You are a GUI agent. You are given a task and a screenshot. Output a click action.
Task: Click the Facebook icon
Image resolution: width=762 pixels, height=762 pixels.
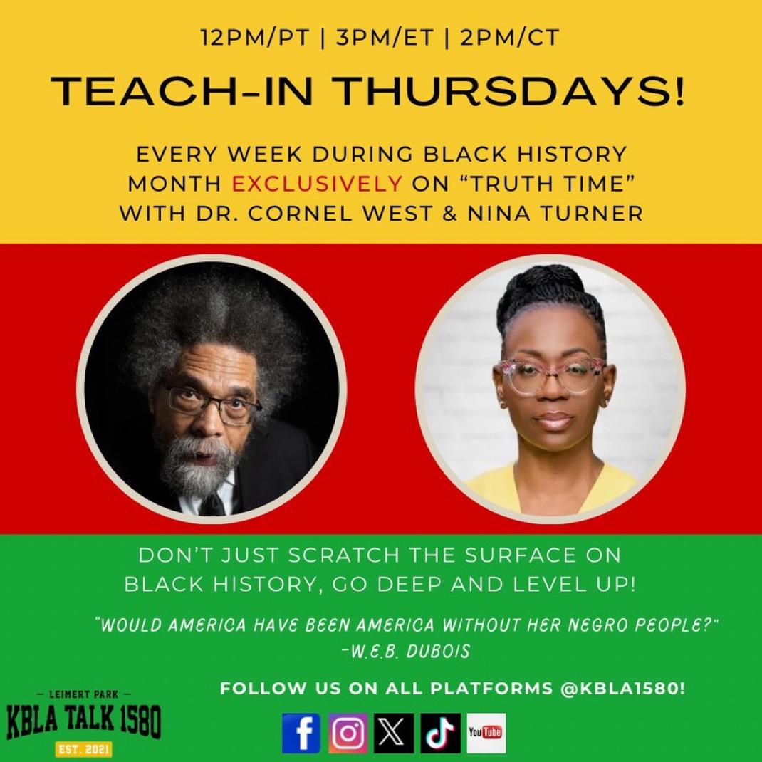[301, 733]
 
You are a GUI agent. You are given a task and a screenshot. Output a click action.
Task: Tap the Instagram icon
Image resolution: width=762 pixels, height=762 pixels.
[348, 733]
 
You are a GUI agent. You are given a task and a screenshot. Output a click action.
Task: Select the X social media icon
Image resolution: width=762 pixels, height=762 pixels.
[394, 733]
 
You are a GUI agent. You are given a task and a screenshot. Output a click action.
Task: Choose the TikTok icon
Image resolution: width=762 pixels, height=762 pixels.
[440, 733]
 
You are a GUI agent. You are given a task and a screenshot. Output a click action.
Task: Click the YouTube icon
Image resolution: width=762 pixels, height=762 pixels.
[486, 733]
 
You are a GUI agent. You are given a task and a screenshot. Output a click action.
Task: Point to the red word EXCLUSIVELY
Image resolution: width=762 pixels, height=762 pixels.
[317, 184]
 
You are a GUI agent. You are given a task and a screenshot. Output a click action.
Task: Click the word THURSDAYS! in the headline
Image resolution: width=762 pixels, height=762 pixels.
[509, 91]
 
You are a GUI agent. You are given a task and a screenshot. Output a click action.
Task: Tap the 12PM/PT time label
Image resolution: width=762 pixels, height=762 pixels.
[256, 38]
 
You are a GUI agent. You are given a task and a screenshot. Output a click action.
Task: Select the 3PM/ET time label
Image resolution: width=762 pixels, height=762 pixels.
[385, 38]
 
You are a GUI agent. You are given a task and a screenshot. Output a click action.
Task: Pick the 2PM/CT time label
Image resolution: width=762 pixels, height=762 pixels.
[510, 38]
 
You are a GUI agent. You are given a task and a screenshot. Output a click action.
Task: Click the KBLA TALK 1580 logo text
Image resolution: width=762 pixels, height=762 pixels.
[83, 721]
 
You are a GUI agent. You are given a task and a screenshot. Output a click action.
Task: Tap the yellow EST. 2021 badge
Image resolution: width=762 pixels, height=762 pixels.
[83, 748]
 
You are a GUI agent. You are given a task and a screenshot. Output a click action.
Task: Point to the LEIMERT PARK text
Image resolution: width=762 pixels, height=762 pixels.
[84, 695]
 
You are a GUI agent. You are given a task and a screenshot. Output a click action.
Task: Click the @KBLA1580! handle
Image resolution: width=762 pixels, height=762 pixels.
[622, 688]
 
